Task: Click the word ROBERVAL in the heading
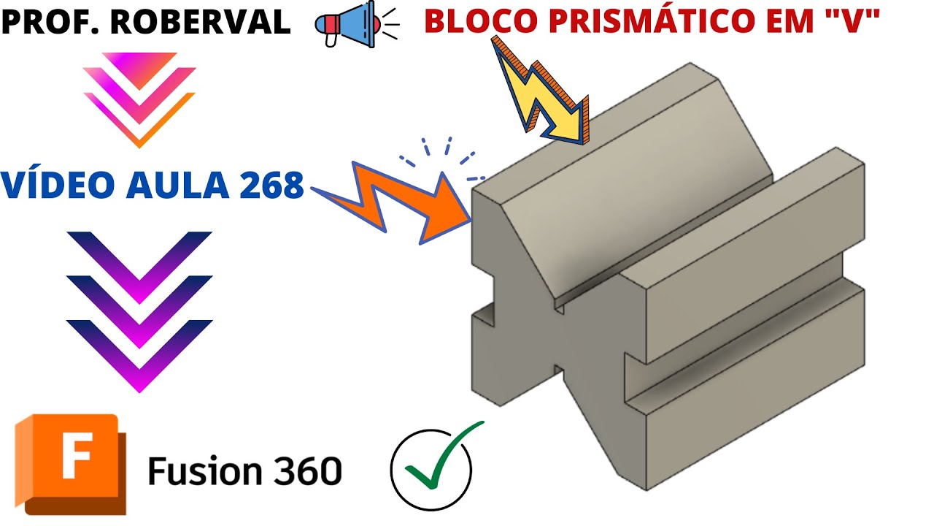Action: pos(201,23)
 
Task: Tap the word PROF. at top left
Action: pos(51,23)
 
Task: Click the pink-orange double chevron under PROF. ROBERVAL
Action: pos(139,99)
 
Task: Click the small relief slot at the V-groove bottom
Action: pos(559,307)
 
